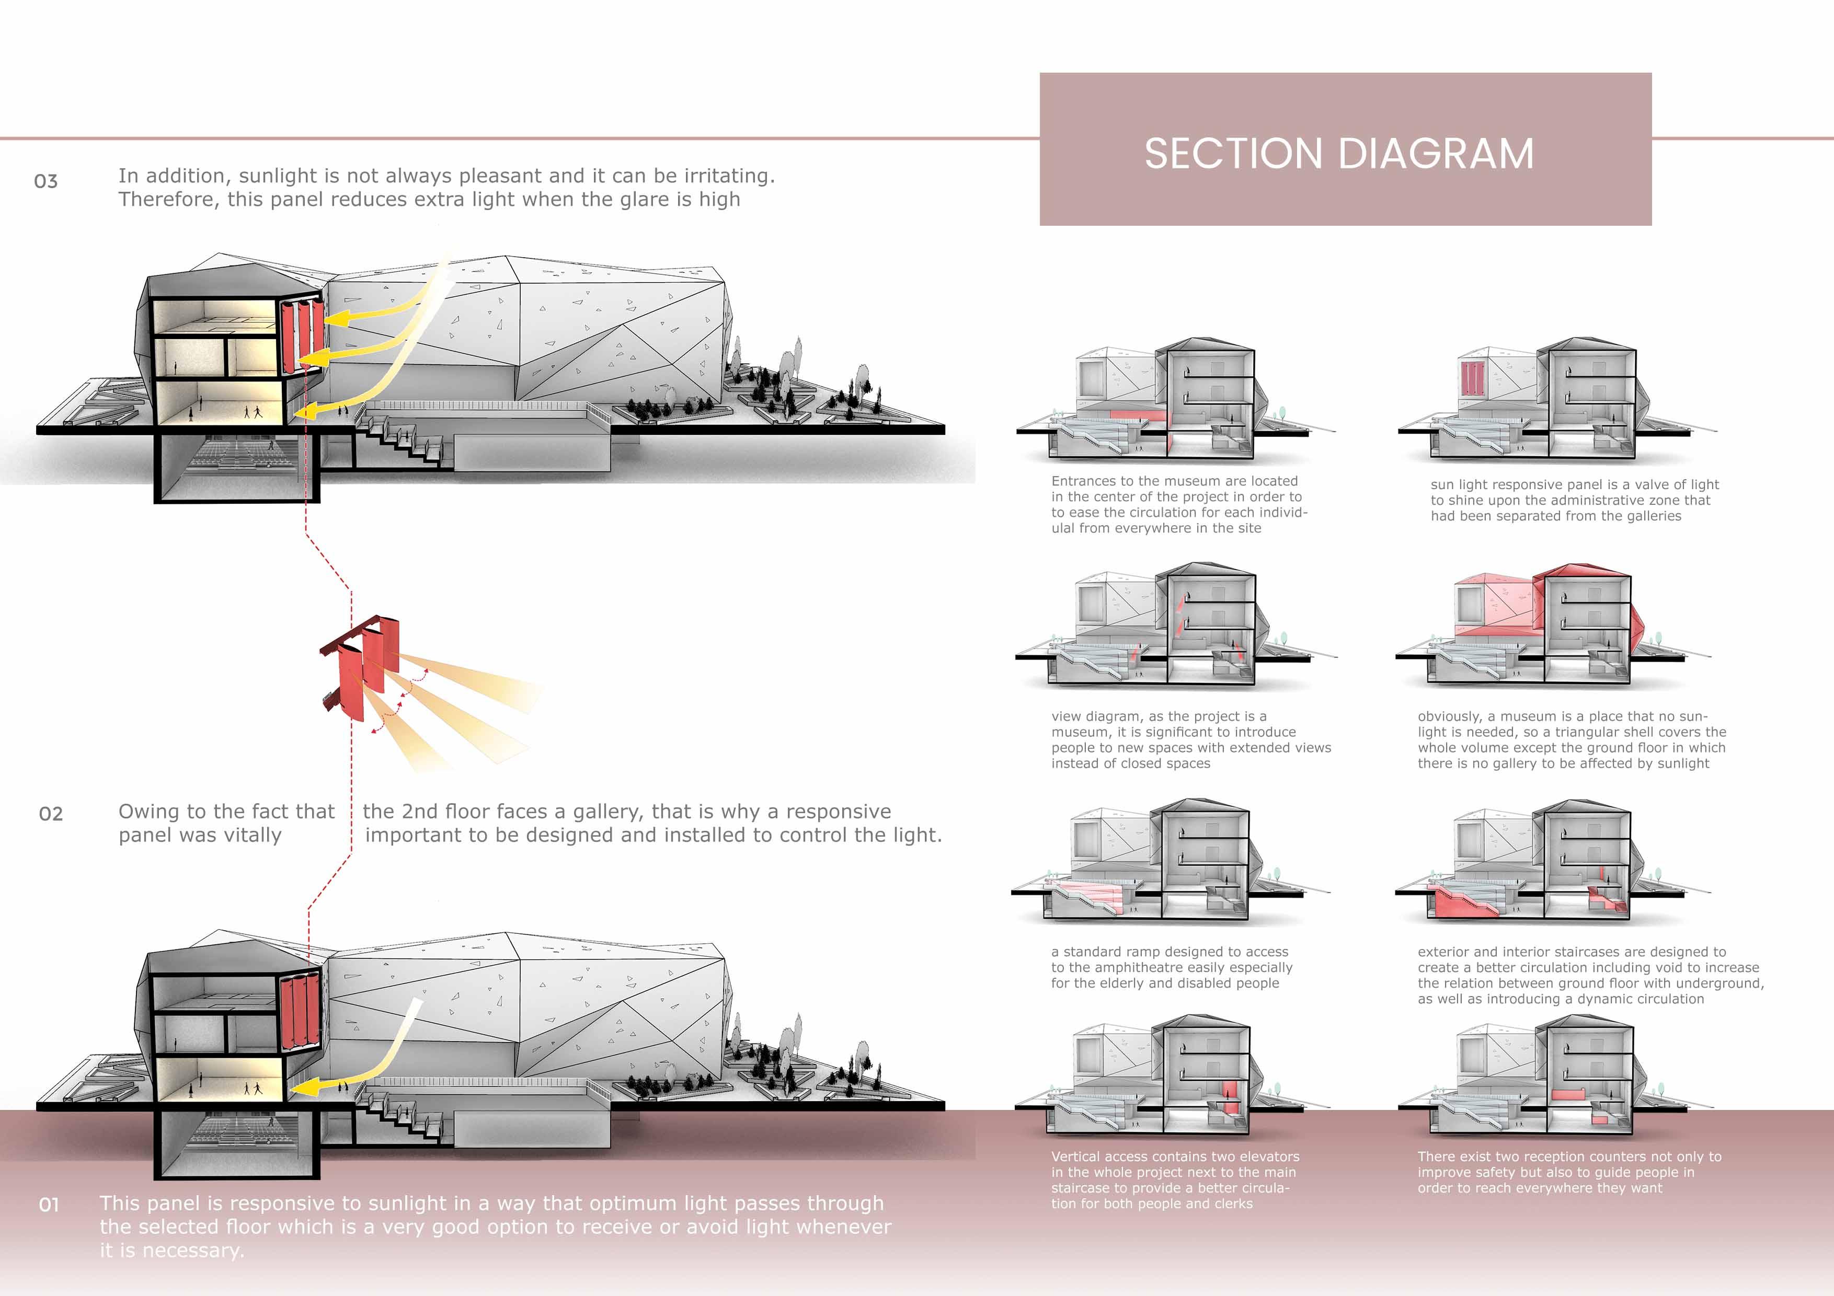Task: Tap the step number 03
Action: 45,181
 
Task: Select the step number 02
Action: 50,814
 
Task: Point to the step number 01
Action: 49,1204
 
